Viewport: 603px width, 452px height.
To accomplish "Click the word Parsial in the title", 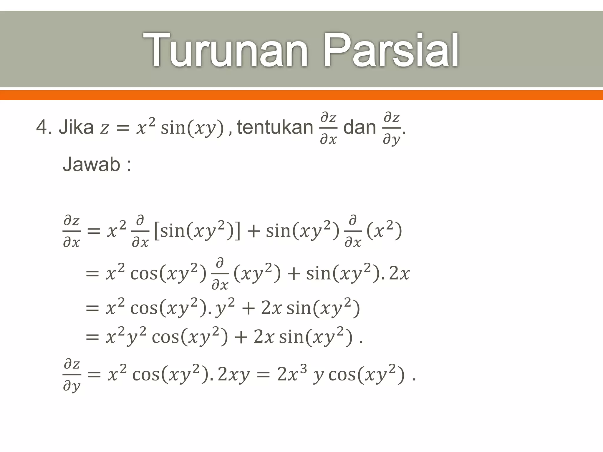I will pos(391,51).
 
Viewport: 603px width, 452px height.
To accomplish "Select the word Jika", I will pos(76,128).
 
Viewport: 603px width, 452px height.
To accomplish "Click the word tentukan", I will pos(275,128).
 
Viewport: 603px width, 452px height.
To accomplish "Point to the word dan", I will pos(360,128).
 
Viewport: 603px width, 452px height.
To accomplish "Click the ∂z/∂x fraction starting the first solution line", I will pos(72,231).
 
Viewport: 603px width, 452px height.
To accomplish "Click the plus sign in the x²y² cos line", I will pos(241,337).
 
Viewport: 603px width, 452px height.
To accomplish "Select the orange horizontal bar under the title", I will pos(301,95).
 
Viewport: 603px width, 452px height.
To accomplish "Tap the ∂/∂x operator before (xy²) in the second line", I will pos(220,274).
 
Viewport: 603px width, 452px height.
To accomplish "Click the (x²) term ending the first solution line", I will pos(384,231).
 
